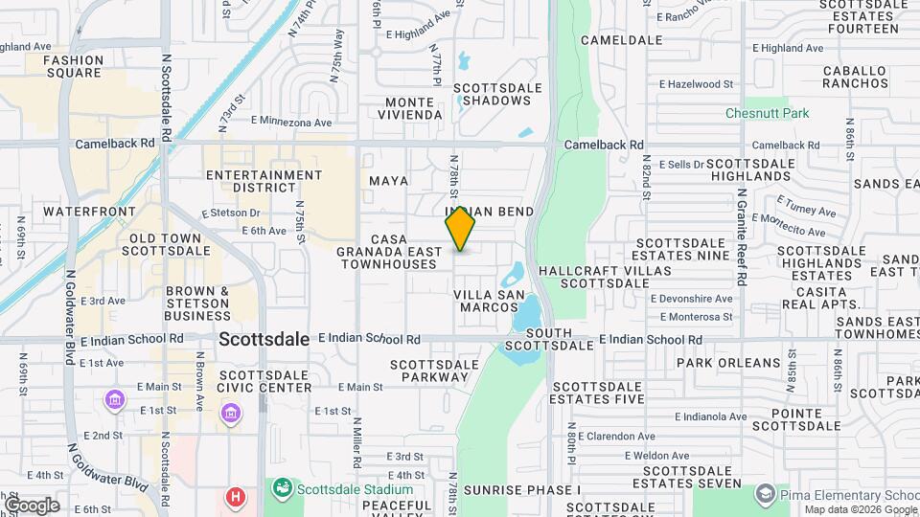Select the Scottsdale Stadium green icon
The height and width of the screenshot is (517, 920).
click(x=281, y=489)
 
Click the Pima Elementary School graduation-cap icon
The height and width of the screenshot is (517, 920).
click(x=765, y=494)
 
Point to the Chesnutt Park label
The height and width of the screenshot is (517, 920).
click(x=767, y=113)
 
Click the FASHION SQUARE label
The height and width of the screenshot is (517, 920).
click(x=73, y=66)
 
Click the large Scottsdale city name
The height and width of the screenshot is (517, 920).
click(x=264, y=340)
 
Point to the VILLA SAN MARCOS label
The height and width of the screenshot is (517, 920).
click(x=489, y=301)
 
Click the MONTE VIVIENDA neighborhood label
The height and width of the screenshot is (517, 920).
click(x=414, y=108)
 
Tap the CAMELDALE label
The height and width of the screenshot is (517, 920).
click(x=622, y=40)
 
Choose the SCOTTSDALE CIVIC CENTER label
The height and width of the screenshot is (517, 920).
click(x=264, y=381)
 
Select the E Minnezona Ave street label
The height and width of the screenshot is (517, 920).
click(x=291, y=123)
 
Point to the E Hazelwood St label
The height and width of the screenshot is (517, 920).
click(x=788, y=84)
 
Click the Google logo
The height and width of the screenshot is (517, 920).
click(x=33, y=505)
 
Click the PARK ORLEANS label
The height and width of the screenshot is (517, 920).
click(x=728, y=363)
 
